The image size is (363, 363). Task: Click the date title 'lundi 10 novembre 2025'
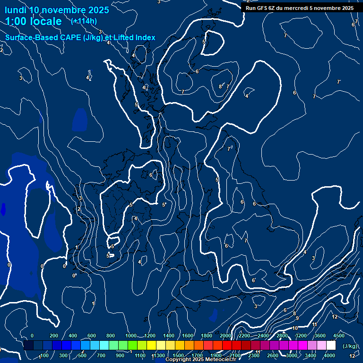point(57,10)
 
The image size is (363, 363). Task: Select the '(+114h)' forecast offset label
point(84,21)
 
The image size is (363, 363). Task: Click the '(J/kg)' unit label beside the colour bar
point(350,346)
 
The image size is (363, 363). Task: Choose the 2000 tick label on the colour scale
point(225,336)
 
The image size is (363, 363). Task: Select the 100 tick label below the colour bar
point(44,355)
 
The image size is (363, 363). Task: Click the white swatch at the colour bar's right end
point(331,346)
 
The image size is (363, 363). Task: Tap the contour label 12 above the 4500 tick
point(335,317)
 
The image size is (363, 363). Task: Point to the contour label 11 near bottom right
point(314,324)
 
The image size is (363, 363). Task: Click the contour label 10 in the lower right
point(295,328)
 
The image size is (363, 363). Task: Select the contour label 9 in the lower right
point(297,319)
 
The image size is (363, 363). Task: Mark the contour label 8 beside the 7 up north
point(220,86)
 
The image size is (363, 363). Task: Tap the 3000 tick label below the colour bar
point(292,355)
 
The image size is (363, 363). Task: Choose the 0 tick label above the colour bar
point(32,336)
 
